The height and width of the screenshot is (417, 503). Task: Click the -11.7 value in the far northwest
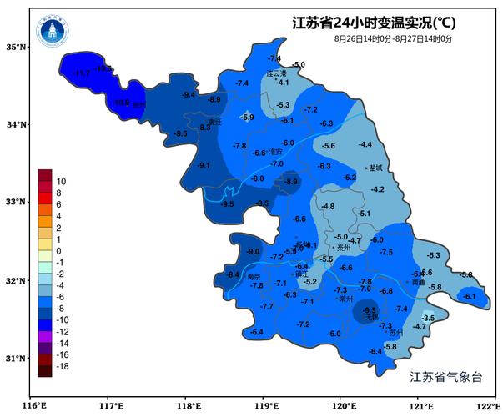[x=81, y=74]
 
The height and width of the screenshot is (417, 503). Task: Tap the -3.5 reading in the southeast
[x=429, y=319]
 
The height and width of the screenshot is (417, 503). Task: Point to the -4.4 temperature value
[x=365, y=145]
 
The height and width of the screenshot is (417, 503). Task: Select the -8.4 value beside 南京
[x=233, y=274]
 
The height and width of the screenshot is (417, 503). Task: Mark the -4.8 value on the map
[x=328, y=206]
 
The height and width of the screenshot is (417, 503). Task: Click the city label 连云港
[x=276, y=73]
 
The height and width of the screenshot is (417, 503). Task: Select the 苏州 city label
[x=395, y=333]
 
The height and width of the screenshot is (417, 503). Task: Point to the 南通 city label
[x=418, y=283]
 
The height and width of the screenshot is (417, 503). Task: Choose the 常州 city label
[x=345, y=299]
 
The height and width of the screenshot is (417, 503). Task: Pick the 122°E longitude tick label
[x=486, y=406]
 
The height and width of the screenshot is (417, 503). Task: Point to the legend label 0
[x=58, y=251]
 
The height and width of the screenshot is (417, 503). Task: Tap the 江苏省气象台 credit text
[x=446, y=377]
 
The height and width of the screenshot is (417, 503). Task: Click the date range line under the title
[x=394, y=38]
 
